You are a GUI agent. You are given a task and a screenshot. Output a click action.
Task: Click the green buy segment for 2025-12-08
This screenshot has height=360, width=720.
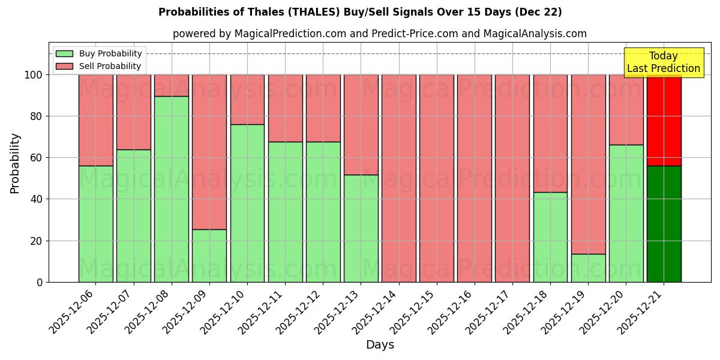pos(172,189)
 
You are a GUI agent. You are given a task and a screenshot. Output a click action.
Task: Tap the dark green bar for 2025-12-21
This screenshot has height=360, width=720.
pos(664,224)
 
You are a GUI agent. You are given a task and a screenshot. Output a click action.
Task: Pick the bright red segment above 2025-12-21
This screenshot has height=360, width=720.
pos(664,120)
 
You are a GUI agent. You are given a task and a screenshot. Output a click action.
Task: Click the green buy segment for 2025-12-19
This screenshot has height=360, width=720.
pos(588,268)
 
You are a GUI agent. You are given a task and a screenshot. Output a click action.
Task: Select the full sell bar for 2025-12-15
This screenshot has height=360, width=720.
pos(437,178)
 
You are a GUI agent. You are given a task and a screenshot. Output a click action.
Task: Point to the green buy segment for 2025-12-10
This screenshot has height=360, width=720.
pos(247,203)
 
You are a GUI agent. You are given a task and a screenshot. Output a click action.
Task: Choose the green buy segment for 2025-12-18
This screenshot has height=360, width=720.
pos(550,237)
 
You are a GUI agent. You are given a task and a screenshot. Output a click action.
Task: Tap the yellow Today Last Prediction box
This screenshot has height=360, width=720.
pos(663,62)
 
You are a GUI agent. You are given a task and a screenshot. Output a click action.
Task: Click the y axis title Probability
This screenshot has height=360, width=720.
pos(15,163)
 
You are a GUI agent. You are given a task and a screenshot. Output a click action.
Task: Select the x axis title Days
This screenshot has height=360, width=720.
pos(380,345)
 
